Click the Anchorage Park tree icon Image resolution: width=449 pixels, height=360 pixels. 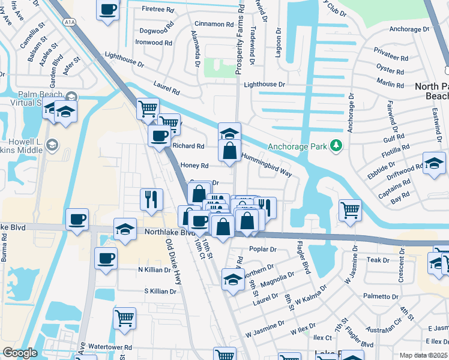tap(337, 146)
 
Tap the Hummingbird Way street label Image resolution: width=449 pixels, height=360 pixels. tap(266, 165)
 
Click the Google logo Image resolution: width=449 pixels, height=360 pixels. tap(19, 353)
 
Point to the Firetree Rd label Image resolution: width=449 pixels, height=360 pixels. tap(157, 9)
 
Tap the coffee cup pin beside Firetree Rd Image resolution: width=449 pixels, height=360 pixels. tap(107, 10)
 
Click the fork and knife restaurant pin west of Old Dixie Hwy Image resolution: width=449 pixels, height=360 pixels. tap(151, 199)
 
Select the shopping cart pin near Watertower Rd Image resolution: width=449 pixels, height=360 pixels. tap(124, 318)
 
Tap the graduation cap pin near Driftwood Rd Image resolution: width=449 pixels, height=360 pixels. tap(434, 163)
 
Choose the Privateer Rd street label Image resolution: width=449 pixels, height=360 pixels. tap(391, 59)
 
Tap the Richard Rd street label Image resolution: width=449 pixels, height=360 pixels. tap(188, 146)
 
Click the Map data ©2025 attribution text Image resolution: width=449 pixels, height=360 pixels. tap(424, 355)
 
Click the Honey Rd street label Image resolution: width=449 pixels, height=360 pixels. tap(194, 166)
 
